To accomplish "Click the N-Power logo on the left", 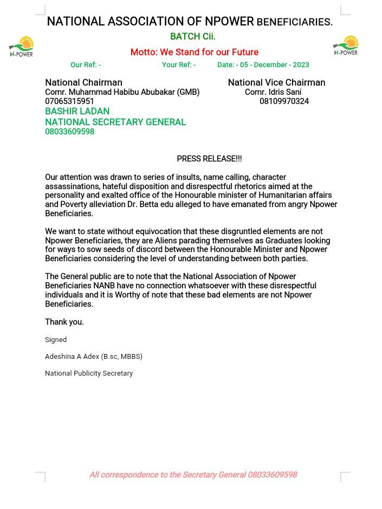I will click(x=22, y=47).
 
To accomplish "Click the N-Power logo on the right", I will click(x=346, y=46).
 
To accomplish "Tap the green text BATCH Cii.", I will click(x=192, y=36).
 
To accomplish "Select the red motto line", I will click(x=194, y=52).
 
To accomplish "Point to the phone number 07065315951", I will click(x=69, y=101).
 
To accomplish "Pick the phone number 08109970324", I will click(x=284, y=101).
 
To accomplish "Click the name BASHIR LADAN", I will click(x=77, y=111).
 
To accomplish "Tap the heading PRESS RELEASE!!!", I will click(x=209, y=159).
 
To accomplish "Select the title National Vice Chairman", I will click(x=276, y=82).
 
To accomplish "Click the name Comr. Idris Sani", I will click(x=273, y=92).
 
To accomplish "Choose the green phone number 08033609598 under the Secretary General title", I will click(x=69, y=132).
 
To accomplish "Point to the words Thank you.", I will click(x=64, y=322).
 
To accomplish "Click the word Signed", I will click(x=56, y=340).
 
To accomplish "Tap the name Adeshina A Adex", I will click(x=72, y=357).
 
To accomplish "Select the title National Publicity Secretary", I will click(x=89, y=373).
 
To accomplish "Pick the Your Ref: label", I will click(x=177, y=65).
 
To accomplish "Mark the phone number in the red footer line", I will click(x=272, y=475).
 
